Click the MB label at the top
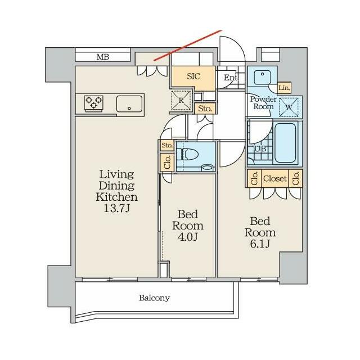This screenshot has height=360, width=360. pos(102,57)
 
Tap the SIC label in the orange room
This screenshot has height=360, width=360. pos(193,76)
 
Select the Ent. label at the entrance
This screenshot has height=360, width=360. pos(231,78)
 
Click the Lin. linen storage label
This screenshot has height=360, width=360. pos(284,88)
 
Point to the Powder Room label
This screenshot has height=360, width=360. pos(263,102)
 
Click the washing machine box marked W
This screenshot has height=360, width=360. pos(289,107)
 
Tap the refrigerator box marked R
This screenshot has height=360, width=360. pos(181,100)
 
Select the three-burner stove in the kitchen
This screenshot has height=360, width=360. pos(94,103)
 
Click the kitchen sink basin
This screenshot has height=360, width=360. pos(129,103)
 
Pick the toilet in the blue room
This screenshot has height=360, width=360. pos(190,154)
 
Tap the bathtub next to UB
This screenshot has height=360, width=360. pos(285,143)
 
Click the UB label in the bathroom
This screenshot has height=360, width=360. pos(260,148)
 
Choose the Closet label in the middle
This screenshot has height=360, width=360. pos(275,178)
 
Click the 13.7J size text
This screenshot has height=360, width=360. pos(117,208)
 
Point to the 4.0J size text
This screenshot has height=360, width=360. pos(188,237)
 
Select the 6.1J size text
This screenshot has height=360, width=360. pos(260,244)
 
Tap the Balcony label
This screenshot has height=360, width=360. pos(155,298)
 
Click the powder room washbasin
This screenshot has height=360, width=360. pos(262,77)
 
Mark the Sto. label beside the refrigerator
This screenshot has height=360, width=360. pos(205,109)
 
